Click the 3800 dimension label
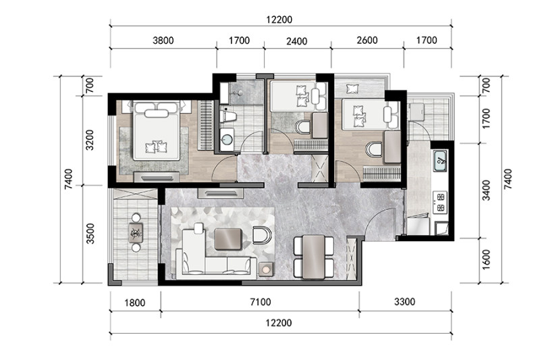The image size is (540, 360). click(x=163, y=41)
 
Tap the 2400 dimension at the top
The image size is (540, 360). click(x=296, y=41)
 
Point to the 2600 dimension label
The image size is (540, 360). click(x=367, y=41)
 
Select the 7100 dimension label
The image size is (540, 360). click(x=261, y=302)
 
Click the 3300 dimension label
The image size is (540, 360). click(x=404, y=302)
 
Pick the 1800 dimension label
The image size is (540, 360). click(x=134, y=303)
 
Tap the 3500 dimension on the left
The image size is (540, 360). click(x=90, y=234)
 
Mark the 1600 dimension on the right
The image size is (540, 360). click(x=485, y=259)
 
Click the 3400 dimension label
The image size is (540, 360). click(x=486, y=190)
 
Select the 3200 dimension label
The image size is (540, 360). click(x=90, y=140)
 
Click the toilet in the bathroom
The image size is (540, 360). click(x=228, y=116)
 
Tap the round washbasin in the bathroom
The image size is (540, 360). click(x=227, y=140)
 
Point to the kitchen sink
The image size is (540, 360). click(x=440, y=161)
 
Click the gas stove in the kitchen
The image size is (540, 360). click(x=441, y=202)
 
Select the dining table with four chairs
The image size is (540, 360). click(x=314, y=257)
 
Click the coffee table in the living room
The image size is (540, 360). click(x=228, y=238)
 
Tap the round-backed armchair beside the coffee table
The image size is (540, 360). click(x=262, y=235)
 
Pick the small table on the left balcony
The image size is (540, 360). click(x=136, y=233)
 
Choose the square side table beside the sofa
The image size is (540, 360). click(x=266, y=269)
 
